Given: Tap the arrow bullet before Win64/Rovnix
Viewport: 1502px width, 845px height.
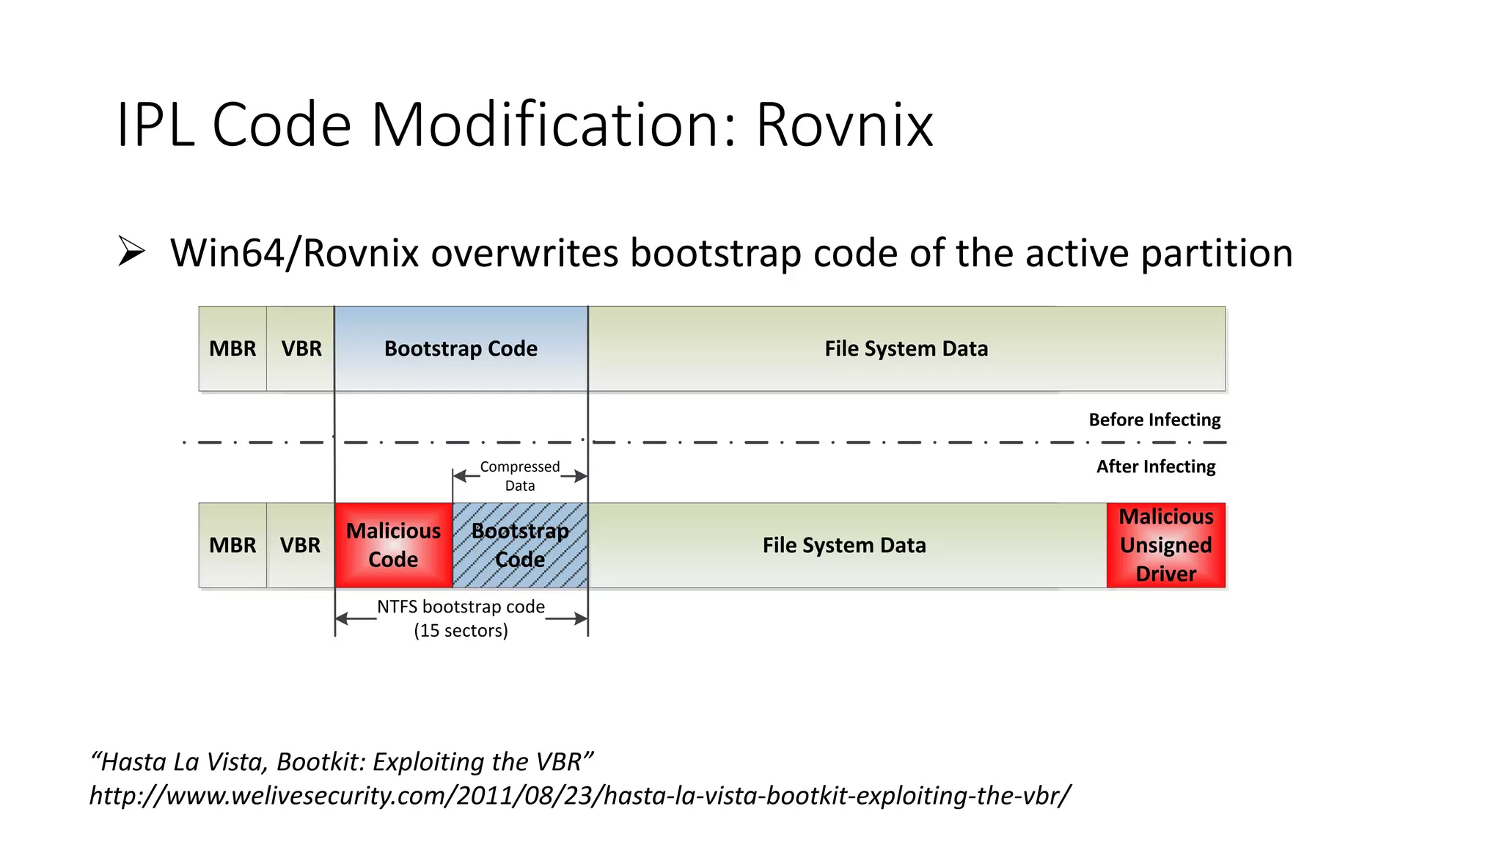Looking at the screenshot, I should point(131,252).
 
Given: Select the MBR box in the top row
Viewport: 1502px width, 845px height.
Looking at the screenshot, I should point(232,348).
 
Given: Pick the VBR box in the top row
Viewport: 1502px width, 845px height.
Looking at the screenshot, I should point(301,348).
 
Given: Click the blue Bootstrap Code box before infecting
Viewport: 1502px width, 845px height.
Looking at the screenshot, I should point(461,348).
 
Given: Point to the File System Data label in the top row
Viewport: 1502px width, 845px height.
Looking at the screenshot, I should point(906,348).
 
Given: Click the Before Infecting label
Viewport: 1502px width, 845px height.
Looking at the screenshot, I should point(1154,420).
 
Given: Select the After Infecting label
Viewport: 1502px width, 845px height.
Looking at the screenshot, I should point(1156,467).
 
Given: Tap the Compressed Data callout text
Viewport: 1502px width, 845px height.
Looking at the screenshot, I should point(519,476).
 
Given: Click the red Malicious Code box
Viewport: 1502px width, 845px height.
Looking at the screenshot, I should point(394,545).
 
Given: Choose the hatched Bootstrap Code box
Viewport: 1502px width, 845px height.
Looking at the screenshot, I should point(520,545).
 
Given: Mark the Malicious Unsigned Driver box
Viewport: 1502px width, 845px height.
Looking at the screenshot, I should point(1166,545).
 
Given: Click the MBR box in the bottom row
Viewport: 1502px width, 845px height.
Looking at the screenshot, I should point(232,545).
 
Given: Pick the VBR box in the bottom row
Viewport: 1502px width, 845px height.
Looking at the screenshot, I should point(300,545).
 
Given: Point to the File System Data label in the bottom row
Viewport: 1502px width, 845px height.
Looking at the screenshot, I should point(844,545).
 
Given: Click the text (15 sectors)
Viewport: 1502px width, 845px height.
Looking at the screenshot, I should point(461,631).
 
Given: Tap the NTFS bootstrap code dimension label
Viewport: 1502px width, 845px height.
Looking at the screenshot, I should point(461,607).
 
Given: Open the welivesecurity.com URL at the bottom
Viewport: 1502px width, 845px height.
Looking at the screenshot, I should point(579,795).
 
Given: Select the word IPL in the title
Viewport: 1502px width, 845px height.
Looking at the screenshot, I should point(155,125).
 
